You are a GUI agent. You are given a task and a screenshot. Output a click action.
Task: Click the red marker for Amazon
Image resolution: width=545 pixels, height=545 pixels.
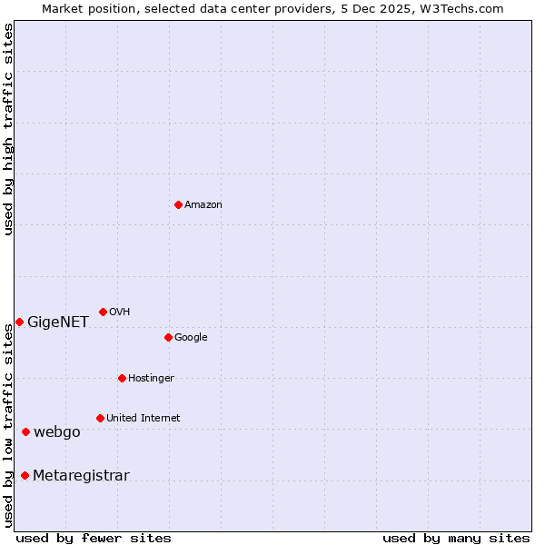coord(178,204)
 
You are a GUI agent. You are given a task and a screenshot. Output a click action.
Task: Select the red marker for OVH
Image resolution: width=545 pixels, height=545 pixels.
coord(103,312)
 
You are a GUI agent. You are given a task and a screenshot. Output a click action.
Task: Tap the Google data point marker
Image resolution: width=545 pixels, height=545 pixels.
coord(168,337)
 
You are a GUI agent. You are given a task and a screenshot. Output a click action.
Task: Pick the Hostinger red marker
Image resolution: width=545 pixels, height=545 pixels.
coord(122,378)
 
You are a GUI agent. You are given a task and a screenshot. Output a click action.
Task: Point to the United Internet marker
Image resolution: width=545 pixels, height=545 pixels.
coord(100,418)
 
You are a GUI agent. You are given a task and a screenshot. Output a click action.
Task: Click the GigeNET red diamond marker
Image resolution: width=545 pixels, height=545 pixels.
coord(19,322)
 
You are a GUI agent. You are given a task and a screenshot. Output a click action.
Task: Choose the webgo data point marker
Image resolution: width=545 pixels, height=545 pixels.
coord(25,431)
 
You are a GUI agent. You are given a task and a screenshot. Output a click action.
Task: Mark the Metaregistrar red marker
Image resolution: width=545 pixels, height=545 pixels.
coord(25,475)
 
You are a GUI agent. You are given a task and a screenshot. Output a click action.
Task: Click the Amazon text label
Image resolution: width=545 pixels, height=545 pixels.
coord(203,205)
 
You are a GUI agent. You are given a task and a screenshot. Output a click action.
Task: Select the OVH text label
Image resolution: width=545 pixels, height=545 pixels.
coord(120,312)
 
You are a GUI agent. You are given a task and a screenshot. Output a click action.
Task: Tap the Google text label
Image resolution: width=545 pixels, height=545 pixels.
coord(191,338)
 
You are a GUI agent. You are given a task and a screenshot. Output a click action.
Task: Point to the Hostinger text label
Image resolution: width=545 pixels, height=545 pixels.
coord(151,379)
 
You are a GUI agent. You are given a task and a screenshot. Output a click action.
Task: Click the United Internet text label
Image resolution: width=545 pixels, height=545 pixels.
coord(144,419)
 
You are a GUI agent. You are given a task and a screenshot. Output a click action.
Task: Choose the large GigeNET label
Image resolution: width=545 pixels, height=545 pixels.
coord(58,322)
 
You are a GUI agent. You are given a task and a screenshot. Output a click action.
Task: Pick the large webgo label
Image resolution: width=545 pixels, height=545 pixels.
coord(57,432)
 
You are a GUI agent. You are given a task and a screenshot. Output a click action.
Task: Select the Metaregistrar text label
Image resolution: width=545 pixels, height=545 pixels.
coord(81,476)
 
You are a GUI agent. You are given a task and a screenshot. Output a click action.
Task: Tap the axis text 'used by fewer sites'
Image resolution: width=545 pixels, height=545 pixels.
coord(94,539)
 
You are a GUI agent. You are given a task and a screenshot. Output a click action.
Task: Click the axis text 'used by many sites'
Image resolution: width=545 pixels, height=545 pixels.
coord(456,539)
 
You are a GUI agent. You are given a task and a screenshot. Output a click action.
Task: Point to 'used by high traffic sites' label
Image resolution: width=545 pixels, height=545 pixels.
coord(9,129)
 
